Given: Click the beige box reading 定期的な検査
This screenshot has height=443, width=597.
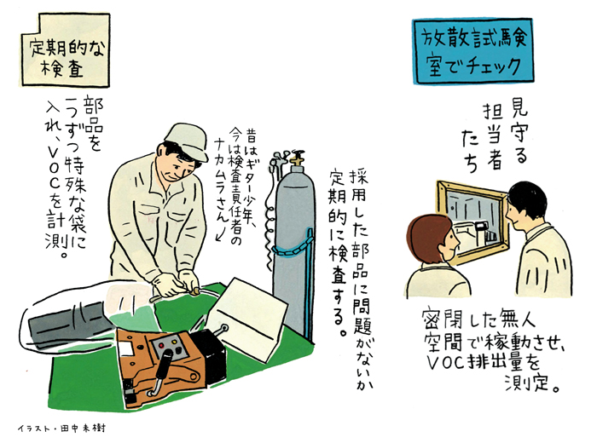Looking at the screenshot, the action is (x=65, y=51).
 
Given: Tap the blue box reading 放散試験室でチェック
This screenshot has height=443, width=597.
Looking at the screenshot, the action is (x=472, y=51).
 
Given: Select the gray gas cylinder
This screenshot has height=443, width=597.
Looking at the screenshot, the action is (x=294, y=244).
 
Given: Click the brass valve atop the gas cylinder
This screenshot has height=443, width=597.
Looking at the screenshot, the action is (x=297, y=159).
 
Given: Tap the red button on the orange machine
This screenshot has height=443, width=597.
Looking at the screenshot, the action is (x=161, y=345).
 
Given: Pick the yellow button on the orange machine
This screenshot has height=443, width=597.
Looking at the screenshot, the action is (x=175, y=342).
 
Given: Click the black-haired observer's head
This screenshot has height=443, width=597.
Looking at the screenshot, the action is (x=526, y=205).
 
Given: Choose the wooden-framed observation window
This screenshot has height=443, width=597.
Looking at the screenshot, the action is (x=473, y=222).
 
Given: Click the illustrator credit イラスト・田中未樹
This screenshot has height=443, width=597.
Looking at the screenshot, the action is (x=61, y=429).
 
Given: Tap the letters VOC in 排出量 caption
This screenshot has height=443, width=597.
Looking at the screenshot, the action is (x=444, y=363).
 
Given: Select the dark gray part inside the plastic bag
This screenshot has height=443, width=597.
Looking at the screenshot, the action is (x=68, y=323).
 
